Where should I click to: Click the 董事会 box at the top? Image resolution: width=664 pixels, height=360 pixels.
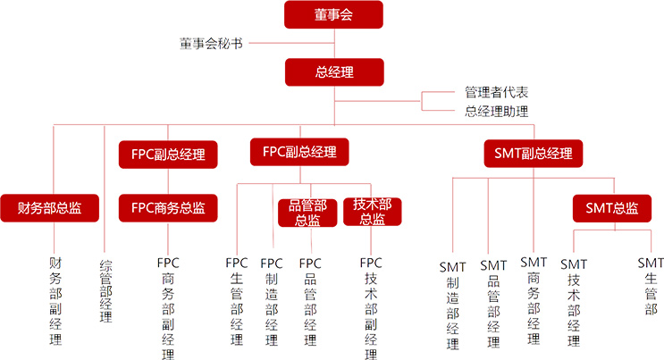click(x=333, y=14)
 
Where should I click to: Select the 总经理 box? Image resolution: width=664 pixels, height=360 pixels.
click(x=333, y=71)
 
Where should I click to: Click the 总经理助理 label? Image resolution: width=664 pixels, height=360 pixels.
click(x=496, y=112)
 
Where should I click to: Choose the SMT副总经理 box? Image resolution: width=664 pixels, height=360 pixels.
click(x=533, y=153)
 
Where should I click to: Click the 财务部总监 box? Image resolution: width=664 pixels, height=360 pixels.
click(x=50, y=208)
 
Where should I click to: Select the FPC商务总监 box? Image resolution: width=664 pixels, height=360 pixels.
click(x=168, y=208)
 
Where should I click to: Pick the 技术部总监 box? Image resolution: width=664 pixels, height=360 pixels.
click(x=373, y=213)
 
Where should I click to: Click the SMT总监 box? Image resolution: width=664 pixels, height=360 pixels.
click(x=612, y=208)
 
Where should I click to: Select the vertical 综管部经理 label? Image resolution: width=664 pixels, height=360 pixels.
click(x=105, y=290)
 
